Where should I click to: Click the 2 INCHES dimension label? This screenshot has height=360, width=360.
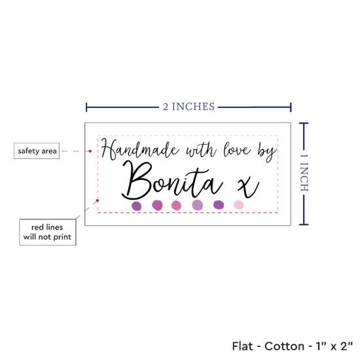[x=189, y=107]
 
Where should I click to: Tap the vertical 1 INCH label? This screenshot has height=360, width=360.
[x=304, y=173]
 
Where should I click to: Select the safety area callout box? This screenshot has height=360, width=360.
[x=37, y=151]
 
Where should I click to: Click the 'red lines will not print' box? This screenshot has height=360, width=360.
[x=48, y=232]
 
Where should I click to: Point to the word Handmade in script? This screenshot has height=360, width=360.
[x=139, y=149]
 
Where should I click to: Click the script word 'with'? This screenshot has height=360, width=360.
[x=201, y=150]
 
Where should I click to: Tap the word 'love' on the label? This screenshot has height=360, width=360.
[x=237, y=150]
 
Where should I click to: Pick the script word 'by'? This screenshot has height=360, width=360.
[x=267, y=153]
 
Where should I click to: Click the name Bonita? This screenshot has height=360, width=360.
[x=171, y=181]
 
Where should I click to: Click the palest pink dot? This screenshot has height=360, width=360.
[x=239, y=205]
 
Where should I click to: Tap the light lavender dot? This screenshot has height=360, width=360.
[x=198, y=205]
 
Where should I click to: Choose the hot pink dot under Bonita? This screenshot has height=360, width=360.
[x=176, y=206]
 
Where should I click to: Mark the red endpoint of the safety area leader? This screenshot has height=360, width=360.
[x=90, y=151]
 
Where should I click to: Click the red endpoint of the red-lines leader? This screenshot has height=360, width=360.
[x=98, y=200]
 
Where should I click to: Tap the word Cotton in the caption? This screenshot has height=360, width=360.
[x=284, y=346]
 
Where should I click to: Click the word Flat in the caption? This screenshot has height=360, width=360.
[x=242, y=346]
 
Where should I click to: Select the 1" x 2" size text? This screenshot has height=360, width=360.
[x=334, y=346]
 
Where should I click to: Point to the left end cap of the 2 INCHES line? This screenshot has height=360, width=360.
[x=86, y=107]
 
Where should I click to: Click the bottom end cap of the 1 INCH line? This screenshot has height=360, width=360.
[x=304, y=225]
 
